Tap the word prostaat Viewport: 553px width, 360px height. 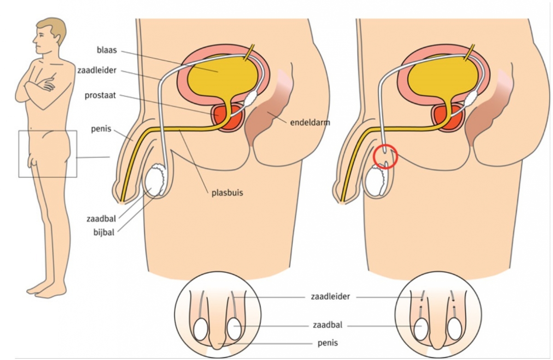click(x=100, y=96)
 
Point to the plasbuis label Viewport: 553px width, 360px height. click(x=224, y=193)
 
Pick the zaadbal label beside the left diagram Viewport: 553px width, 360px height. click(x=101, y=218)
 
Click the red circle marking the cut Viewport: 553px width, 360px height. click(x=386, y=157)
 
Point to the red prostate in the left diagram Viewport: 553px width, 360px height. click(x=228, y=117)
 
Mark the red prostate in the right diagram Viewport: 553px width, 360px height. click(x=446, y=117)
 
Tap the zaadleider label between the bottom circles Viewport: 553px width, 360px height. click(x=330, y=297)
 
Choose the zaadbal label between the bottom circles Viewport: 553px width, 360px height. click(x=327, y=325)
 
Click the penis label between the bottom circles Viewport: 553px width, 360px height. click(x=328, y=342)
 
